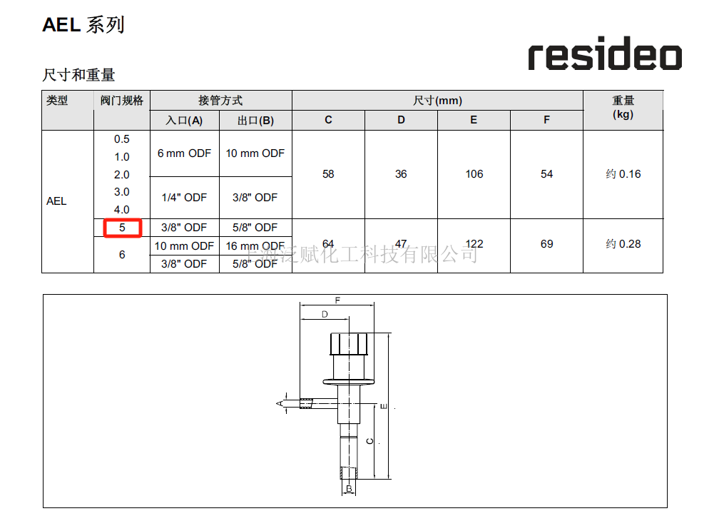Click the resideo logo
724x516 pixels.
pos(605,54)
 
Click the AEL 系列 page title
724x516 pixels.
pos(83,25)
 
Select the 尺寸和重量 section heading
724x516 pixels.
pos(78,75)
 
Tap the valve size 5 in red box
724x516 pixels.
pos(123,228)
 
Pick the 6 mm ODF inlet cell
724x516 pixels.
pos(184,153)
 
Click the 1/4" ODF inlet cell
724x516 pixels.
pos(184,198)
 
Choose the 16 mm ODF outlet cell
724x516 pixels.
pos(255,246)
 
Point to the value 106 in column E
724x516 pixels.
pos(474,174)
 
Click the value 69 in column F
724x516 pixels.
pos(546,244)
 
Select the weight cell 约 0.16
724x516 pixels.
pos(623,174)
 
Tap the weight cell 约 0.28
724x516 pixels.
pos(623,244)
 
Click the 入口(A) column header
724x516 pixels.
pos(184,121)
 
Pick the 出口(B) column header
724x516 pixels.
pos(255,121)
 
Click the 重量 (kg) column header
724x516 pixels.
pos(623,107)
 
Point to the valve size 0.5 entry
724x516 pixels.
pos(122,139)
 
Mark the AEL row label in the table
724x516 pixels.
pos(56,201)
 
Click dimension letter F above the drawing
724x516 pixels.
pos(337,300)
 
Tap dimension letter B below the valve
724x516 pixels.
pos(349,488)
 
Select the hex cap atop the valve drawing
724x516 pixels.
pos(349,344)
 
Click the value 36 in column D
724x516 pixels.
pos(401,174)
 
